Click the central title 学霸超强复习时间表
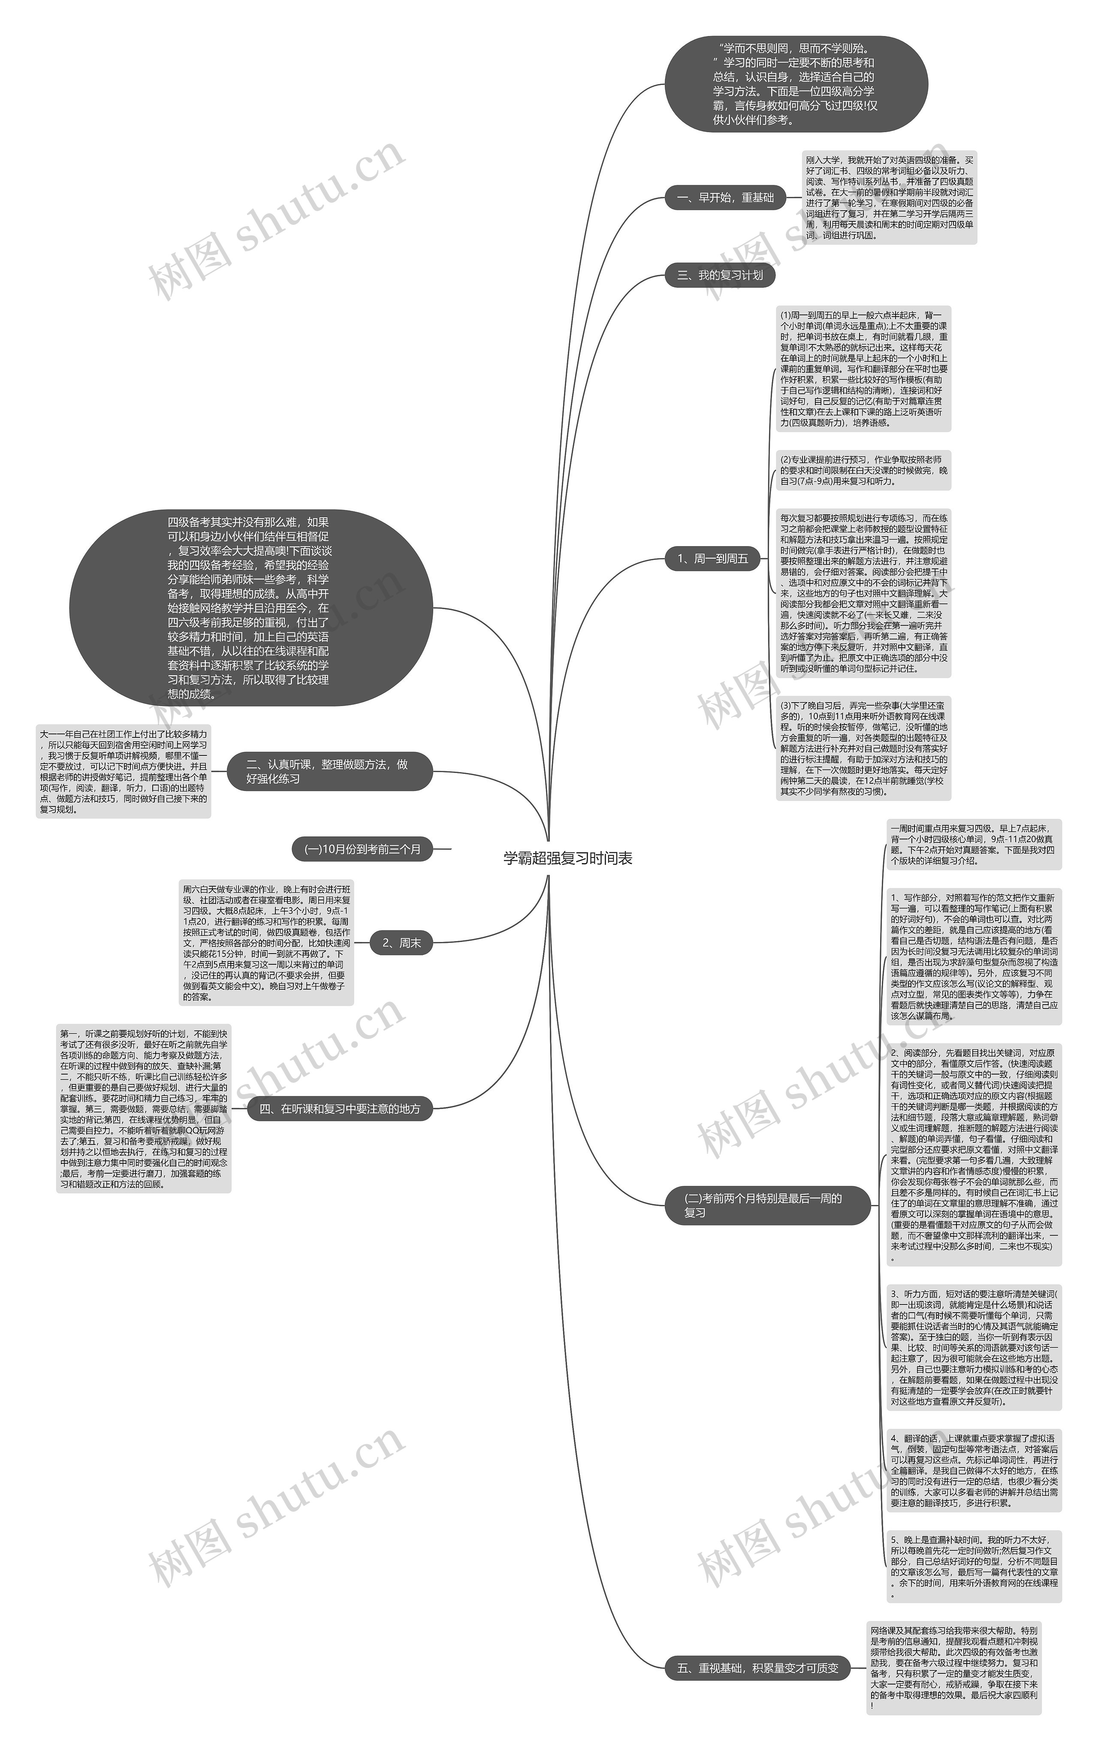click(568, 858)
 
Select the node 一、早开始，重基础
click(725, 198)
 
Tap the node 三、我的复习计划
click(720, 275)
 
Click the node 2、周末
click(401, 943)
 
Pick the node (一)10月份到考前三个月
click(362, 848)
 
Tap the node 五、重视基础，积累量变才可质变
click(757, 1668)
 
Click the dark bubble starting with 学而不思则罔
click(796, 84)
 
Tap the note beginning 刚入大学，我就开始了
click(889, 198)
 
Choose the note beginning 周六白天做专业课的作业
click(266, 943)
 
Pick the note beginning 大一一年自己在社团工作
click(124, 771)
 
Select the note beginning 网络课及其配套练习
click(953, 1668)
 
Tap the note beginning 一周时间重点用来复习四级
click(974, 844)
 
